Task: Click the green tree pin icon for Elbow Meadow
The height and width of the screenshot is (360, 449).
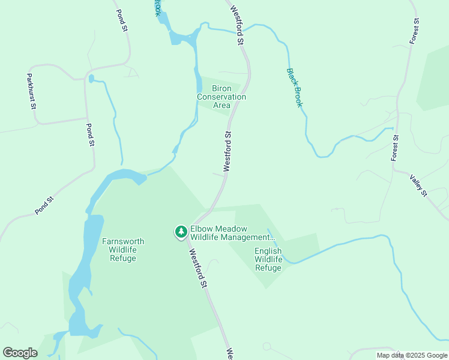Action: [181, 232]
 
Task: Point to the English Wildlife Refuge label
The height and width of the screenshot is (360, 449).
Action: [268, 259]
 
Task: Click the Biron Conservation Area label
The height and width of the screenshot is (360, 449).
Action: [221, 97]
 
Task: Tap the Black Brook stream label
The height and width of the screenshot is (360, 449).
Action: [294, 88]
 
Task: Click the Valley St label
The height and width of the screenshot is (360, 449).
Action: [418, 186]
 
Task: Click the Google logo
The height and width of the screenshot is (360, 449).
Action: [20, 353]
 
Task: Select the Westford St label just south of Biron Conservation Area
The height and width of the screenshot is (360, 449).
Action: [228, 152]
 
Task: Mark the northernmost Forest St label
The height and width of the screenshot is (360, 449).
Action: [415, 30]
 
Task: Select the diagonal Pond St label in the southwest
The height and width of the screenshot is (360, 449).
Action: [44, 206]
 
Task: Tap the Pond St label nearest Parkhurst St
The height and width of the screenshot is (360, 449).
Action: [90, 135]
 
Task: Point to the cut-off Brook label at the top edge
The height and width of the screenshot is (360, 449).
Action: [157, 7]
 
